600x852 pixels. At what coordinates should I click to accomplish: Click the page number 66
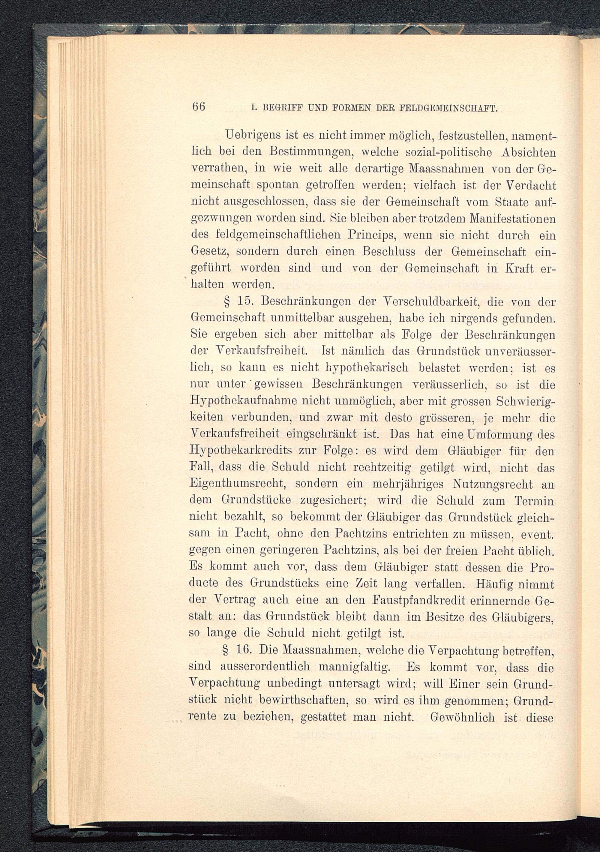[x=199, y=106]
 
